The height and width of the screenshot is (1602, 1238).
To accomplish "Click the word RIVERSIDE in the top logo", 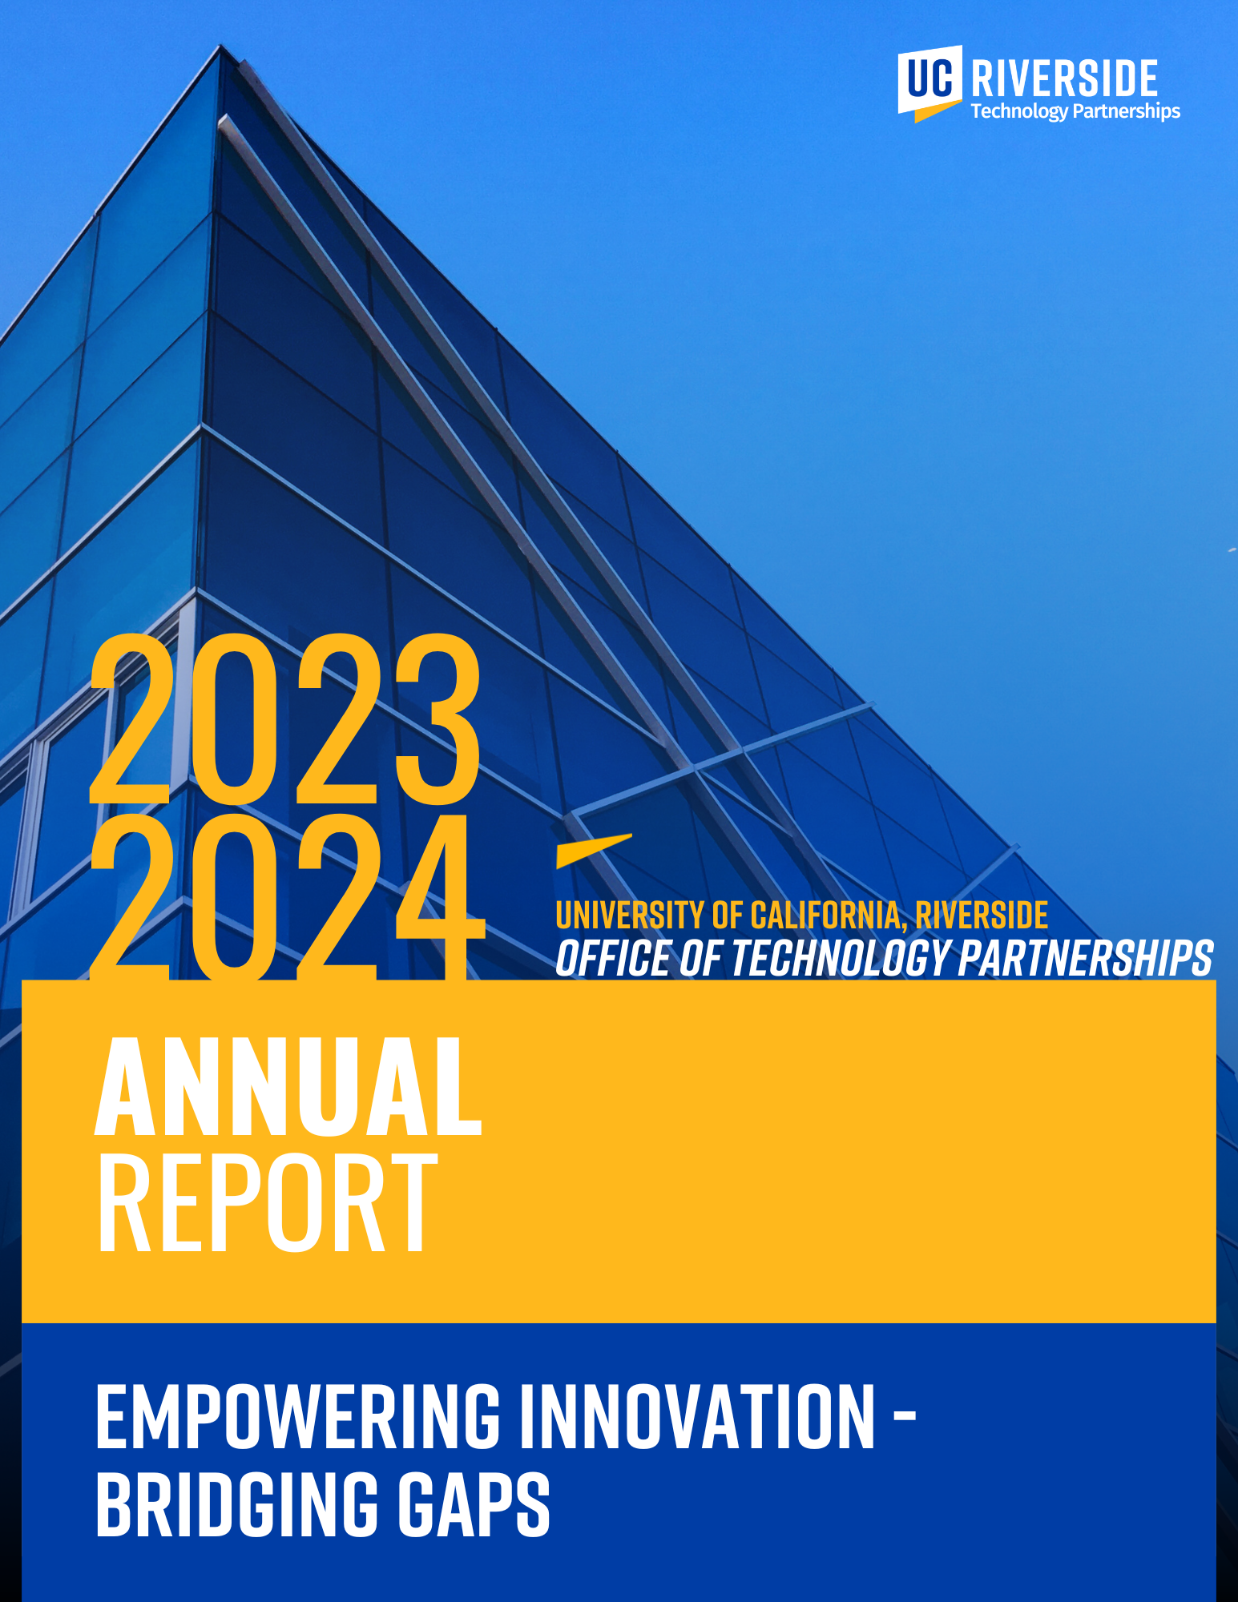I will (x=1064, y=78).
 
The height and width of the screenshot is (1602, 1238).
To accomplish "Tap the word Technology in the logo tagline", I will (x=1019, y=111).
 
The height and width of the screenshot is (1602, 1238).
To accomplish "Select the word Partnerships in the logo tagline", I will (x=1126, y=111).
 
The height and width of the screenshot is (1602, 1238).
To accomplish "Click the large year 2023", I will (x=284, y=719).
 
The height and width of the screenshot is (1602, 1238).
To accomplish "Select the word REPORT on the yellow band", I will (x=268, y=1203).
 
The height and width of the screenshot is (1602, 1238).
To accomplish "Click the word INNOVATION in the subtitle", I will (x=697, y=1418).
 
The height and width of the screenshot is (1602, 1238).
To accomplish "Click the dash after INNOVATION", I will (x=904, y=1419).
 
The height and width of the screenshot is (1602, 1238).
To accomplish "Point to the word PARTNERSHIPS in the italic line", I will (x=1086, y=959).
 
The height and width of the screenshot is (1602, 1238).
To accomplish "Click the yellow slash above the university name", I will (x=593, y=851).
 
